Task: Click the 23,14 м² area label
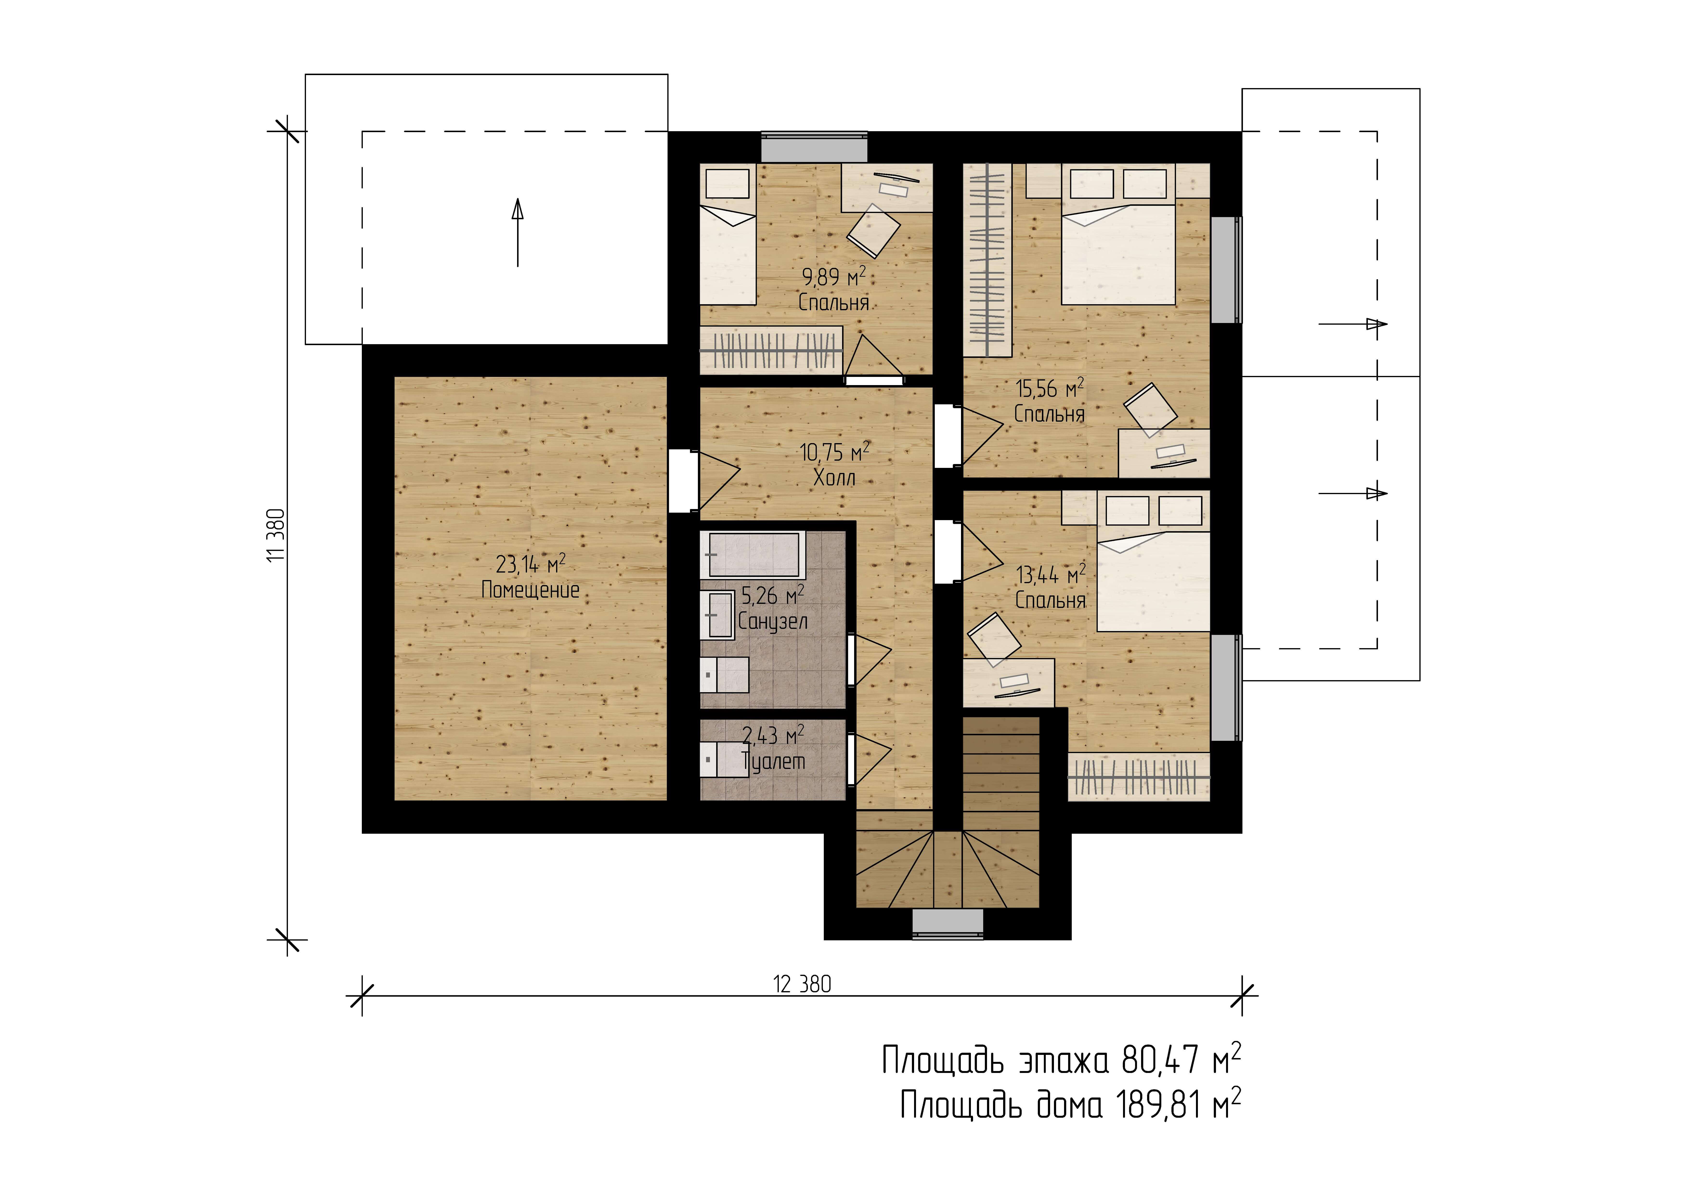530,564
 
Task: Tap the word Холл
834,478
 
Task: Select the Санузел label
773,622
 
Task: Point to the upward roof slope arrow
518,232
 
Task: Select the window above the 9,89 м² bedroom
814,147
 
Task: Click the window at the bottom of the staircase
948,924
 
